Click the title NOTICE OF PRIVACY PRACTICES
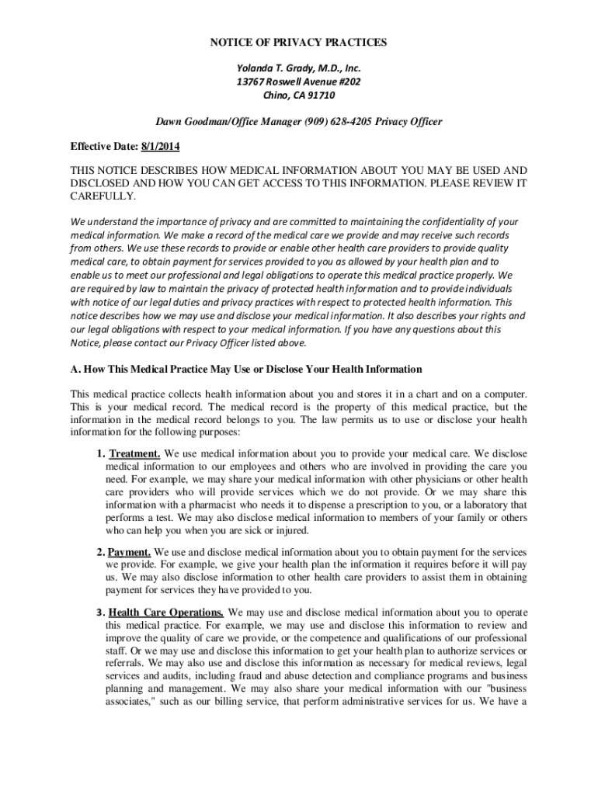[299, 42]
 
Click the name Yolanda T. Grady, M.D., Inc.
[299, 68]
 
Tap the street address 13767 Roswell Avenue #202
[299, 82]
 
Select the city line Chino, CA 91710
[299, 95]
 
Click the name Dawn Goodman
[189, 122]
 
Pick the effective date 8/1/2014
[162, 146]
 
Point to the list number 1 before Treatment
[100, 453]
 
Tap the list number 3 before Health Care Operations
[100, 612]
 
